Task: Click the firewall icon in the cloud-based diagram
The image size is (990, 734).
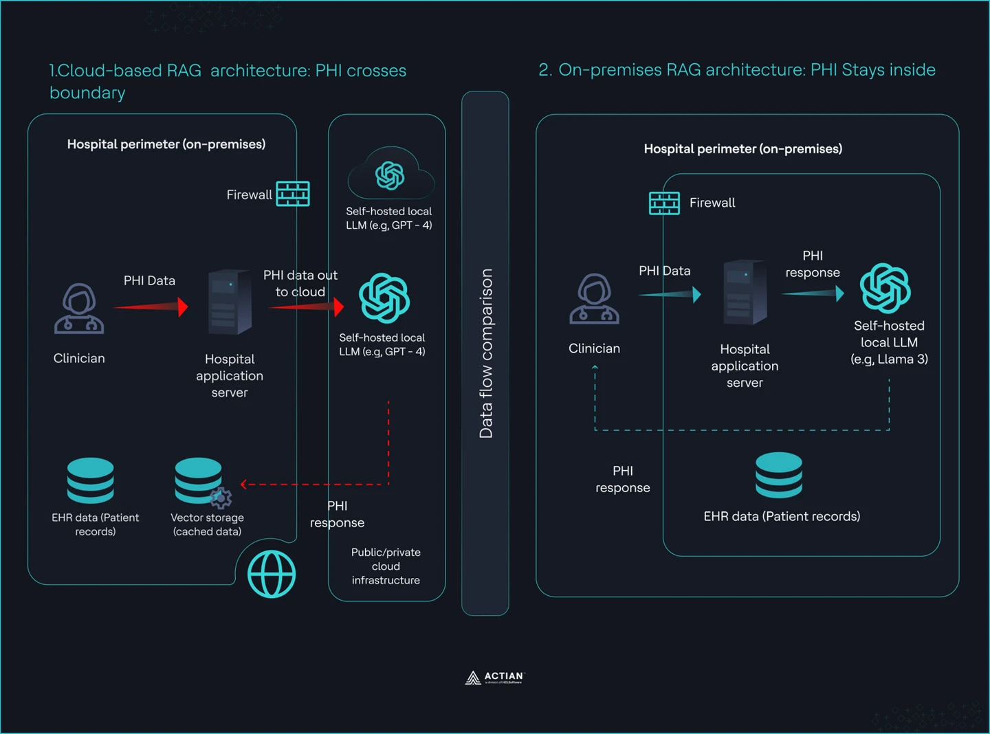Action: tap(293, 194)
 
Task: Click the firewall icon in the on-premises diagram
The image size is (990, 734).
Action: tap(664, 203)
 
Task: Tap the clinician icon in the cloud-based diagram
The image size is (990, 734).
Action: tap(79, 309)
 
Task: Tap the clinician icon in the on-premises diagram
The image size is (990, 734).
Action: tap(594, 299)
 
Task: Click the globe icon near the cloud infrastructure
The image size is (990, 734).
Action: tap(272, 574)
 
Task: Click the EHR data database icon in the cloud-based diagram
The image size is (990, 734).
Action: tap(91, 480)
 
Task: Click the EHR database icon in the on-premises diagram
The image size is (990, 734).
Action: tap(778, 475)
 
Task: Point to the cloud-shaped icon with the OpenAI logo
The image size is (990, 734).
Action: tap(390, 175)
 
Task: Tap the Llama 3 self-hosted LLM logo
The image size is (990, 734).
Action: tap(885, 288)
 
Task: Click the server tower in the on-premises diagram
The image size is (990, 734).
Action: tap(745, 292)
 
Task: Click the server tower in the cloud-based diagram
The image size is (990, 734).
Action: tap(230, 302)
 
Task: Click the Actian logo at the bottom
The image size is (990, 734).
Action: tap(494, 678)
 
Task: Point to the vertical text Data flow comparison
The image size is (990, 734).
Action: tap(486, 353)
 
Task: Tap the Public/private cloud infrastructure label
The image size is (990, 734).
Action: tap(386, 566)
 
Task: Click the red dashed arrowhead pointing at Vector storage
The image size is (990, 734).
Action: tap(244, 485)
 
